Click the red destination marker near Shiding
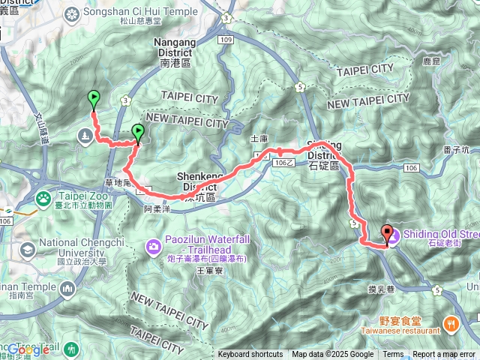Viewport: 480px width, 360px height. coord(387,234)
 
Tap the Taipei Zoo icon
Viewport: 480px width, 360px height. coord(44,198)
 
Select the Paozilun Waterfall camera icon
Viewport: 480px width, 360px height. coord(153,245)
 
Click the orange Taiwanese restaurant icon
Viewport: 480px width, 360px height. coord(450,324)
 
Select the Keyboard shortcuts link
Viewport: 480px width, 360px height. coord(250,355)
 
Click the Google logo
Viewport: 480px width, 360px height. coord(28,349)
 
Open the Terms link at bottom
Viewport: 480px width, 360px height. coord(393,355)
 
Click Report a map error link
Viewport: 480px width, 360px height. coord(444,355)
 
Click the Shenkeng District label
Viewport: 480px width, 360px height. coord(196,181)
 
